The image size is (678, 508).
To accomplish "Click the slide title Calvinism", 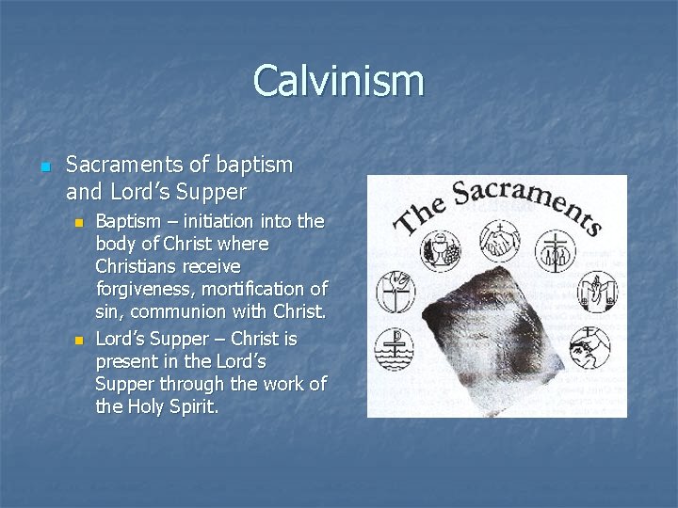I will [338, 81].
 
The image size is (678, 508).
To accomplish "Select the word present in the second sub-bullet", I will [127, 361].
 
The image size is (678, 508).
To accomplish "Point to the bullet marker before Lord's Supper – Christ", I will [80, 340].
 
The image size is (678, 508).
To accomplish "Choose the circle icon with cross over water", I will [395, 349].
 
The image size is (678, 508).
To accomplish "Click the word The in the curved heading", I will [417, 214].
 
